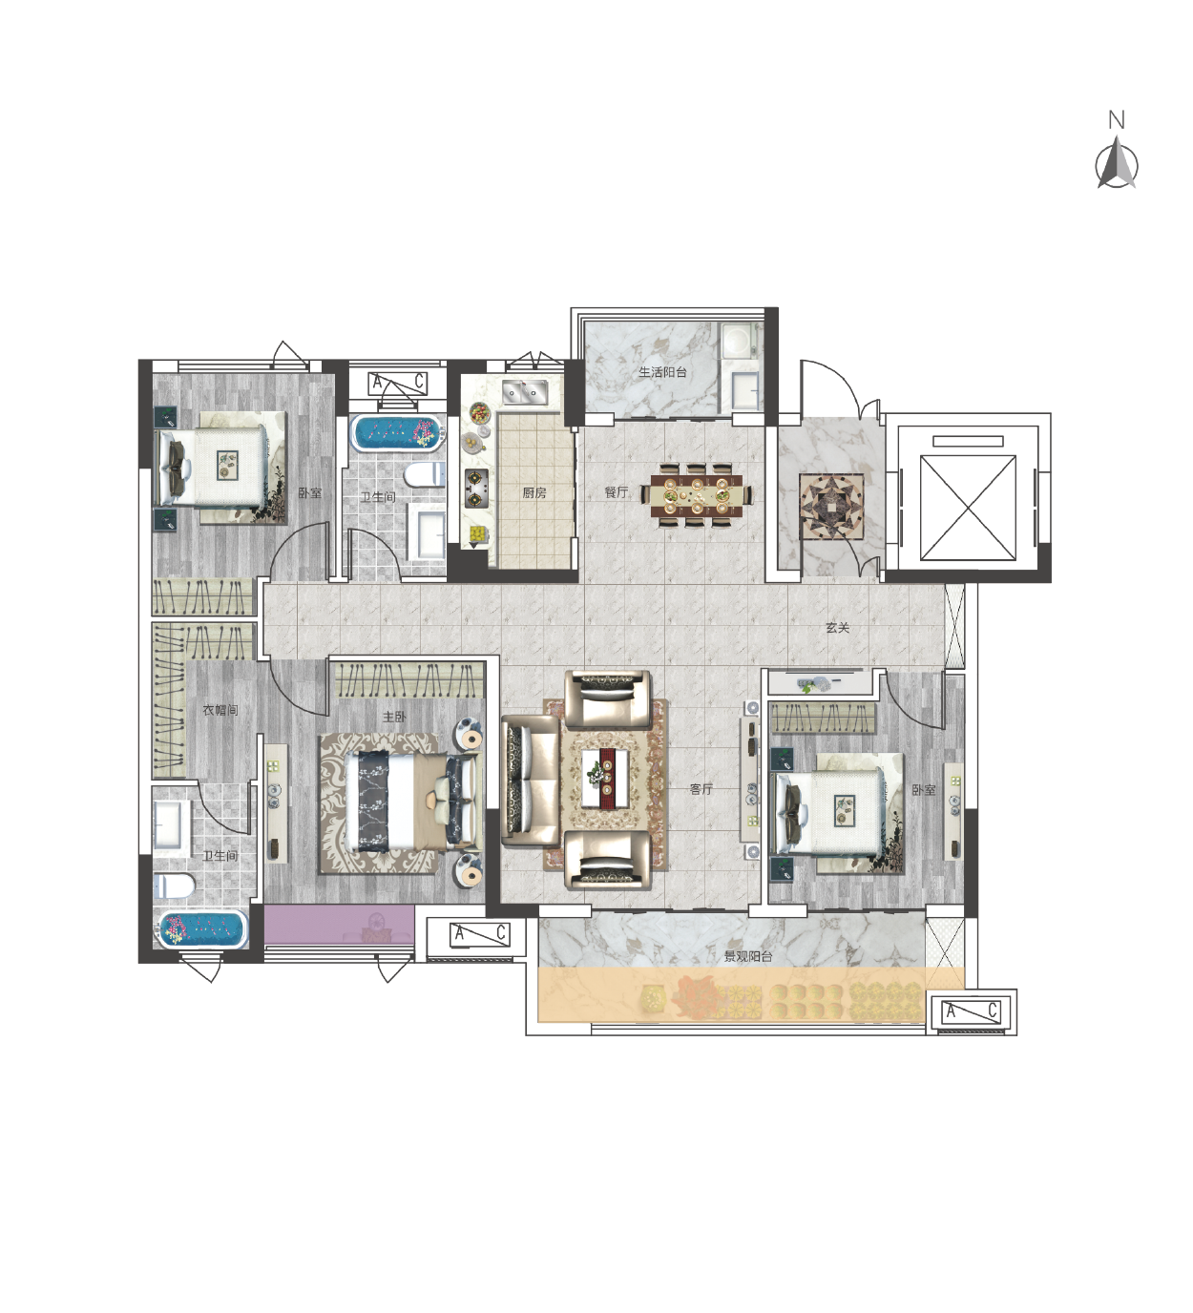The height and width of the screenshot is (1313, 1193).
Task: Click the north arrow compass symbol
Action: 1117,161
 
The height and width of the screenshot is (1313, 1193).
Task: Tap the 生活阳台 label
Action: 662,372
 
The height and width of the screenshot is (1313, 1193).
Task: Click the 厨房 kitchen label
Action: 534,493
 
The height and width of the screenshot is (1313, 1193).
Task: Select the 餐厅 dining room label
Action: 617,491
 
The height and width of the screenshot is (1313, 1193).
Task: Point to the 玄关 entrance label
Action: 837,628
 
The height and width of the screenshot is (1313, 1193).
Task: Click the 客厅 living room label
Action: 701,789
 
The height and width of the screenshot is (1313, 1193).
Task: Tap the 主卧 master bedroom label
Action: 394,717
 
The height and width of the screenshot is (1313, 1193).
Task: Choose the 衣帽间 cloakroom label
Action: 220,710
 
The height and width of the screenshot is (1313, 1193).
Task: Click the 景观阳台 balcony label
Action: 747,956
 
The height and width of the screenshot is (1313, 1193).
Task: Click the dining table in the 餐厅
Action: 696,495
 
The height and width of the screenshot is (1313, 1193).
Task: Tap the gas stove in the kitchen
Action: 476,489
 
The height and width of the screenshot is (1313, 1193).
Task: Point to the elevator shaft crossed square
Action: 968,508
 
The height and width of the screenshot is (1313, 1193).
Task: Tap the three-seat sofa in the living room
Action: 531,781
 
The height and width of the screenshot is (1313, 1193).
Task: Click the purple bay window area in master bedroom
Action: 339,924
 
